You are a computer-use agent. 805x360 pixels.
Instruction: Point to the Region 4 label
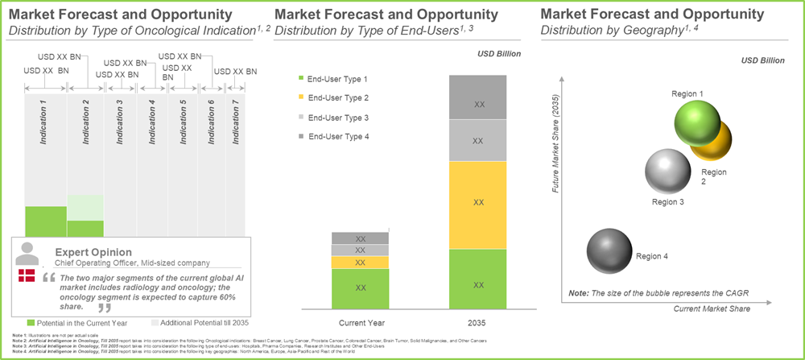652,256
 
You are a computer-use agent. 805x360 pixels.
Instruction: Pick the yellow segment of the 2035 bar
477,202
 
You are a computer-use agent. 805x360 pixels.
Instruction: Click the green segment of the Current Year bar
360,288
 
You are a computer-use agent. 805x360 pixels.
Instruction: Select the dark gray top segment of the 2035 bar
477,97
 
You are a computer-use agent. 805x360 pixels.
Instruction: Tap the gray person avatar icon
27,253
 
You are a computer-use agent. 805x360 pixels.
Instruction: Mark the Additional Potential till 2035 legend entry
192,322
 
